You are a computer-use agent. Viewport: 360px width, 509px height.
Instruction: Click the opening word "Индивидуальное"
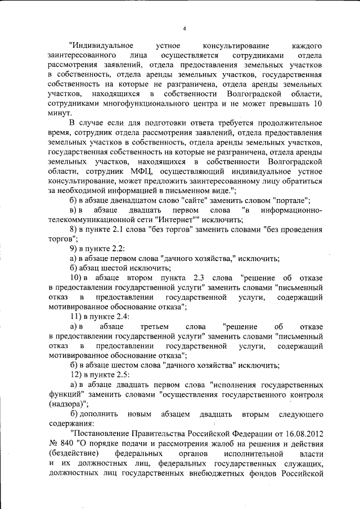pyautogui.click(x=101, y=46)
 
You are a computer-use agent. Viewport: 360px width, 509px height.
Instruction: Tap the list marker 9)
pyautogui.click(x=73, y=249)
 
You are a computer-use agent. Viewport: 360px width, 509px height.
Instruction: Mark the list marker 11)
pyautogui.click(x=75, y=317)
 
